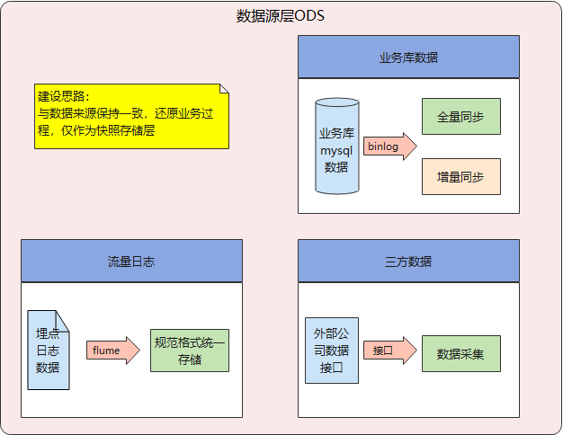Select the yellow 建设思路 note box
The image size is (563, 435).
pyautogui.click(x=131, y=116)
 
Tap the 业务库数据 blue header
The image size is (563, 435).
pyautogui.click(x=408, y=57)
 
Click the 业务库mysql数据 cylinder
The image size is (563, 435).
pyautogui.click(x=336, y=146)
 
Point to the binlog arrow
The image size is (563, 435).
pyautogui.click(x=389, y=146)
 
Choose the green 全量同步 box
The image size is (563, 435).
pyautogui.click(x=460, y=117)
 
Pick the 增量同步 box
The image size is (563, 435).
pyautogui.click(x=460, y=177)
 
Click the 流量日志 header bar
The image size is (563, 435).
pyautogui.click(x=131, y=261)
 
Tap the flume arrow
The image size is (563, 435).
pyautogui.click(x=112, y=350)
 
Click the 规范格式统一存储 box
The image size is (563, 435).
pyautogui.click(x=190, y=350)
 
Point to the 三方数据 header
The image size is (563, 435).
pyautogui.click(x=408, y=261)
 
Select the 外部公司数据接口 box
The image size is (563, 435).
pyautogui.click(x=332, y=350)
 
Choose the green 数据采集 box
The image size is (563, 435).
pyautogui.click(x=460, y=353)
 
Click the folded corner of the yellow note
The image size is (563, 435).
pyautogui.click(x=224, y=89)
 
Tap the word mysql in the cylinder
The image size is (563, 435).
pyautogui.click(x=336, y=150)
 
